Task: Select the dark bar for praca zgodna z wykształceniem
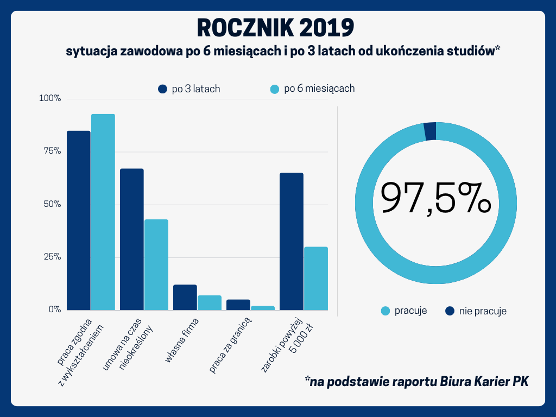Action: pos(78,220)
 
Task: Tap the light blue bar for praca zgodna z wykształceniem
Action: pos(103,212)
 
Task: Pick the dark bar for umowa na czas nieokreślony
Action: pos(131,239)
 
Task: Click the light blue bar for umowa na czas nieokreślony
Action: pos(156,264)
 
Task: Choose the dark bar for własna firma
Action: pos(185,297)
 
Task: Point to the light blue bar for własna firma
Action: pos(210,302)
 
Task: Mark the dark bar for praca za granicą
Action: pos(238,305)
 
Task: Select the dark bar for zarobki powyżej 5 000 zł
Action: pos(291,241)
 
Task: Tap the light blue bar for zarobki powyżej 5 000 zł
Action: pos(316,278)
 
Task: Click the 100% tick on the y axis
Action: pos(50,99)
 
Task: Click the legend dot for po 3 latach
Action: pos(162,89)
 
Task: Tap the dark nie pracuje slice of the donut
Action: pos(430,131)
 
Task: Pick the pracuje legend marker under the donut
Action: pos(386,311)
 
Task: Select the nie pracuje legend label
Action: pos(483,311)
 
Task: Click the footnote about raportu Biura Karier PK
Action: pos(416,381)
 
